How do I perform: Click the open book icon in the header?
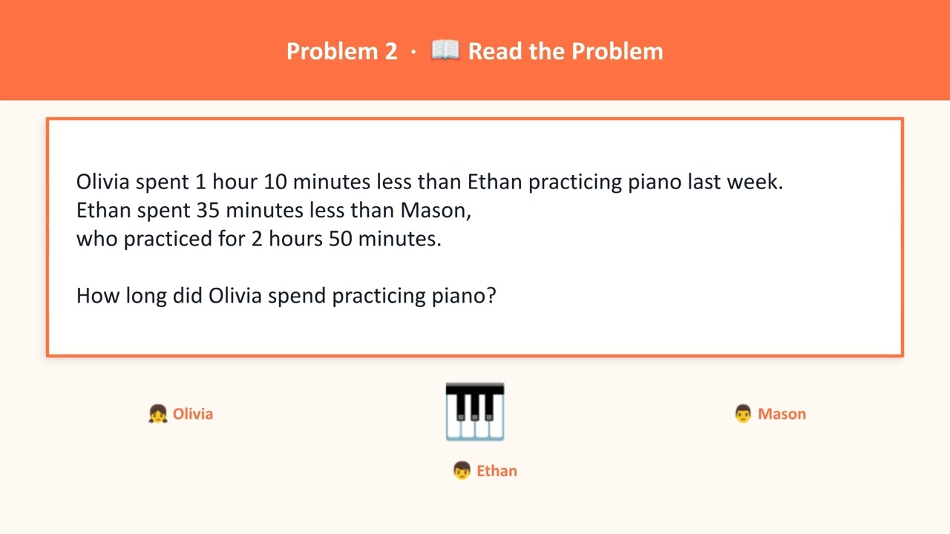click(445, 50)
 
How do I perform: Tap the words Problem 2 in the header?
click(341, 51)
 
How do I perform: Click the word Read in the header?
click(492, 51)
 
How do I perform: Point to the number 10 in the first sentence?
click(275, 182)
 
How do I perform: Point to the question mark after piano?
click(491, 296)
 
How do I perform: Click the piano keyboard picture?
click(475, 412)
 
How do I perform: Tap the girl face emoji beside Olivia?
click(157, 414)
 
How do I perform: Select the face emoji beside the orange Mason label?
click(743, 414)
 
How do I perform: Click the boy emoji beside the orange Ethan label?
click(462, 471)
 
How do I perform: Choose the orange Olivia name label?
click(193, 414)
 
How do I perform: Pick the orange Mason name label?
click(782, 414)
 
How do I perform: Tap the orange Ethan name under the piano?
click(497, 471)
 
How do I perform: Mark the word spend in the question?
click(297, 296)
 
